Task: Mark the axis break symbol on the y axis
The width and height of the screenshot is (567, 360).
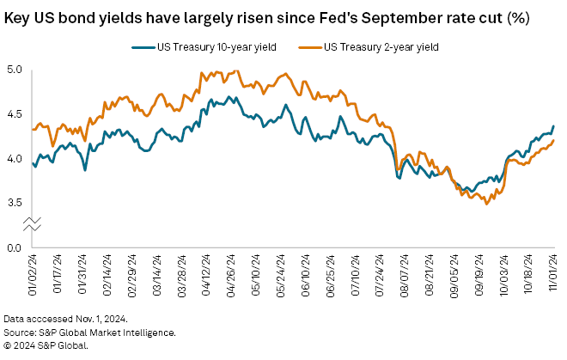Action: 33,224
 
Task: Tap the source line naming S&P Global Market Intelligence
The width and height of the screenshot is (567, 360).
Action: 89,332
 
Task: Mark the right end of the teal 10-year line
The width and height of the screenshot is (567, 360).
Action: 553,126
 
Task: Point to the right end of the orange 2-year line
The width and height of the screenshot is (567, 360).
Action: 553,140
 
